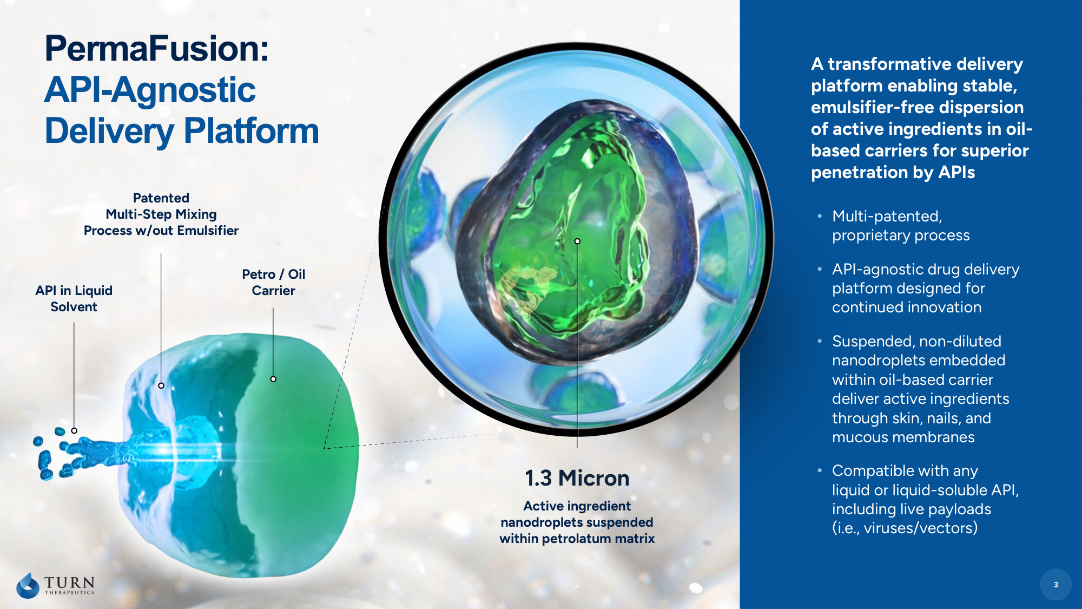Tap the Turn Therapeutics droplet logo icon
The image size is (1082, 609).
pos(28,585)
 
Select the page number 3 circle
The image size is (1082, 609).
pos(1055,585)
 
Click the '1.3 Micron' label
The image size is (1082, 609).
pos(577,478)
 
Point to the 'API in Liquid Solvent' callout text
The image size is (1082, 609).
pos(74,298)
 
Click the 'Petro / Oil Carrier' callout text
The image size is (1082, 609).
pos(274,282)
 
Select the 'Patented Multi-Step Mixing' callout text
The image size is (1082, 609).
pos(161,214)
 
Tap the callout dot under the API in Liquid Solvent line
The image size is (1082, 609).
pos(74,431)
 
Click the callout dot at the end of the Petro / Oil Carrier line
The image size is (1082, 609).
pos(273,379)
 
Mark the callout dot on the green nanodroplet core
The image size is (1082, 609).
pos(577,241)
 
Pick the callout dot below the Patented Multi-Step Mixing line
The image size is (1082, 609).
pos(161,385)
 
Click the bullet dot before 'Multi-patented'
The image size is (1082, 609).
pos(820,216)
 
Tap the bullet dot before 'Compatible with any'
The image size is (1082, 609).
pos(820,470)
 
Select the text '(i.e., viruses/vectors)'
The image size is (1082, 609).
pos(905,528)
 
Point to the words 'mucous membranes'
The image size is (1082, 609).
pos(903,437)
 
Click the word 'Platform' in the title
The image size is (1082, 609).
pos(252,131)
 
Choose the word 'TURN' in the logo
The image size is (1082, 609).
pos(69,582)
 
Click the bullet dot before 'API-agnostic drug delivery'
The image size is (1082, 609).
pos(820,269)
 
